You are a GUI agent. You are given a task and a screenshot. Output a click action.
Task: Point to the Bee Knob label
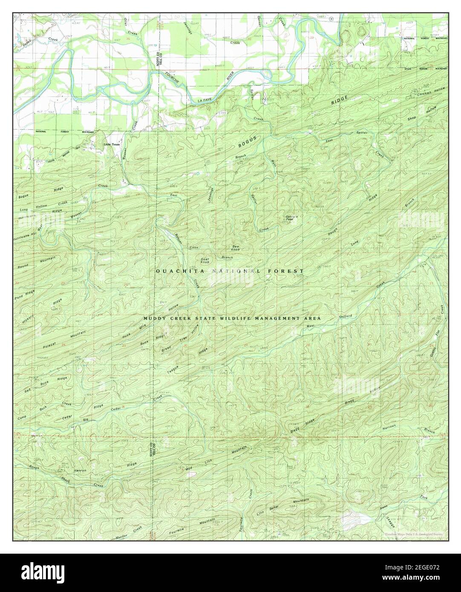coord(235,247)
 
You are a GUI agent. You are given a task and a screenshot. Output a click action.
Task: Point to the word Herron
coord(81,470)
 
